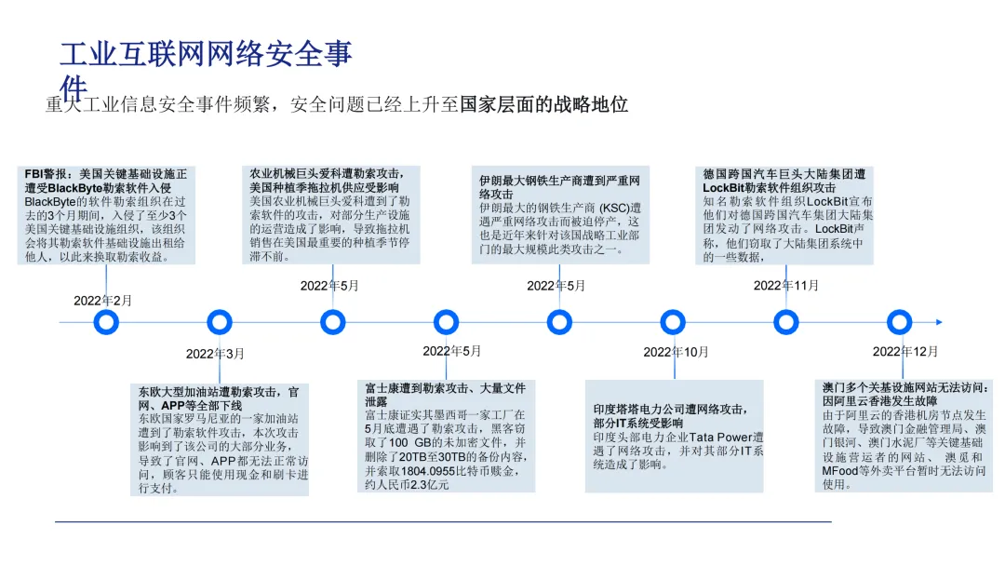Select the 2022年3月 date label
click(215, 354)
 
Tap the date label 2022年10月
click(676, 352)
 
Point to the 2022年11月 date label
click(785, 285)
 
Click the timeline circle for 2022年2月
click(107, 322)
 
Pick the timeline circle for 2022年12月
click(899, 322)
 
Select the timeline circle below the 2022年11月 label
click(786, 322)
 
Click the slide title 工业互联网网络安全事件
click(206, 56)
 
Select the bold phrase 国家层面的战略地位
click(544, 104)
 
